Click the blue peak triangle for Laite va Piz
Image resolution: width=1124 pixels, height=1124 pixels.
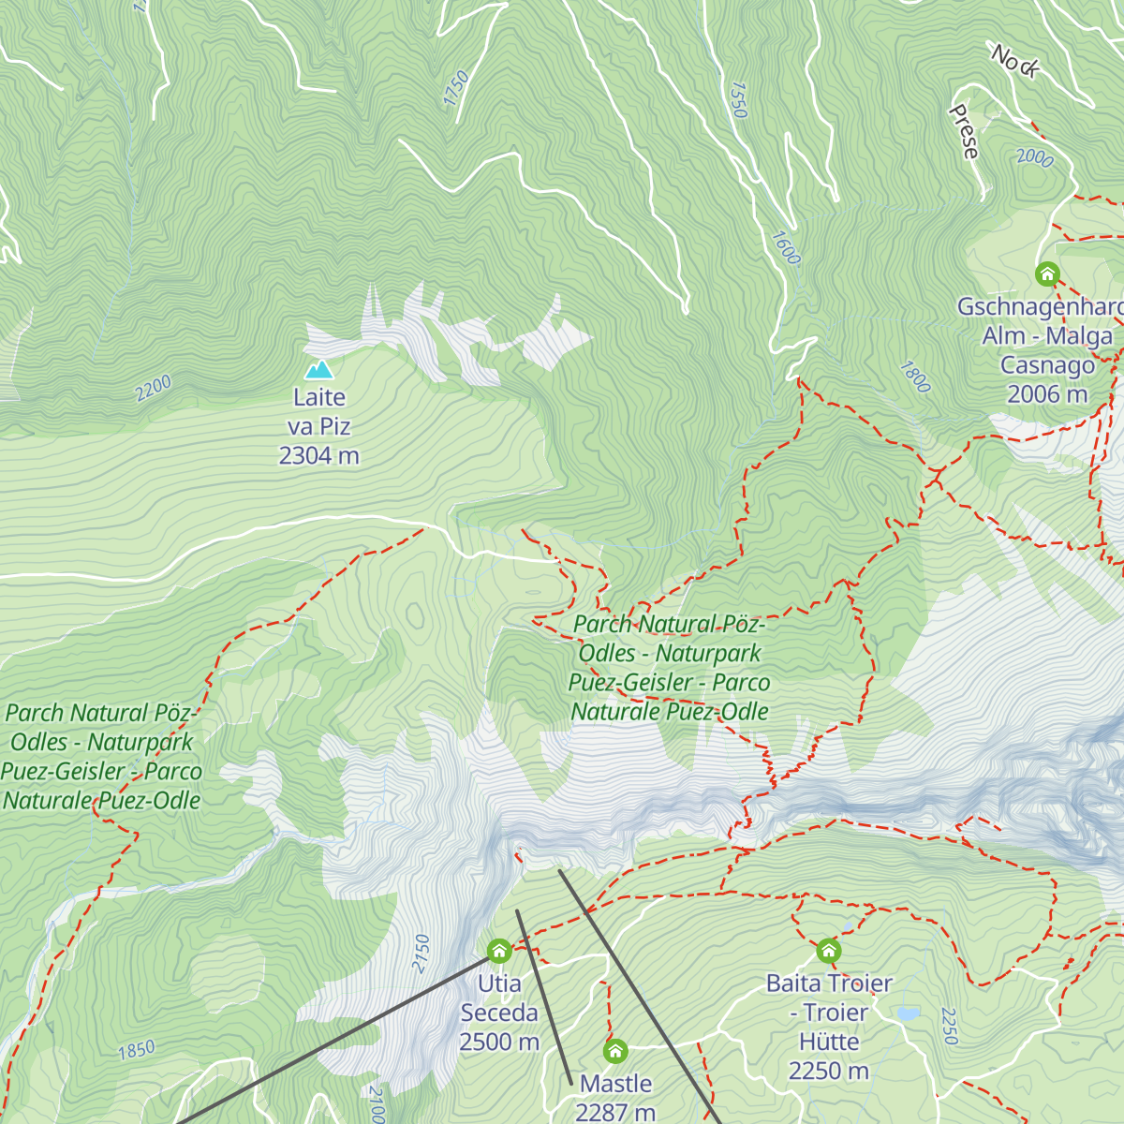point(319,370)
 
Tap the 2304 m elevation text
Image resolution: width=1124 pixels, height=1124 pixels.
point(319,456)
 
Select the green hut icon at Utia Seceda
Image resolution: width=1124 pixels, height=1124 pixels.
point(499,952)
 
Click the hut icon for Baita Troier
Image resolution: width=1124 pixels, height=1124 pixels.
point(829,952)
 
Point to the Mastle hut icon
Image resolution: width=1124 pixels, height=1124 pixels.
point(615,1051)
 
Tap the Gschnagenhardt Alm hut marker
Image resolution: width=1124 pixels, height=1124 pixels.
point(1047,274)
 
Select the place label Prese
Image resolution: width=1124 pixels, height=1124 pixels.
point(964,132)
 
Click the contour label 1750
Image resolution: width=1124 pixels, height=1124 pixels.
point(455,89)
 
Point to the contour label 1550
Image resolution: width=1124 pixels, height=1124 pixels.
point(738,100)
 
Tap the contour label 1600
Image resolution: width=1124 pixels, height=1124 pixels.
point(786,248)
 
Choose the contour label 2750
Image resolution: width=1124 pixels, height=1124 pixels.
point(421,953)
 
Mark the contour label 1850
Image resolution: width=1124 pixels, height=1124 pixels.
point(137,1050)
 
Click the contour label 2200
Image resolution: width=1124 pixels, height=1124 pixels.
point(154,388)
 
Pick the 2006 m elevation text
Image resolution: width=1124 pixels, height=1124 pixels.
point(1047,394)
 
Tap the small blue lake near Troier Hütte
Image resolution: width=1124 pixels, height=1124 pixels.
point(907,1013)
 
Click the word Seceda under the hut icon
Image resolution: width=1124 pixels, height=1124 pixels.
point(499,1013)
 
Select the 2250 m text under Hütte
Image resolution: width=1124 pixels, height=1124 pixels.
point(829,1072)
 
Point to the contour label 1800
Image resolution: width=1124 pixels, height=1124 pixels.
point(915,377)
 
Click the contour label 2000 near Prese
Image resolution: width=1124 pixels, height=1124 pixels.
point(1035,158)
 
